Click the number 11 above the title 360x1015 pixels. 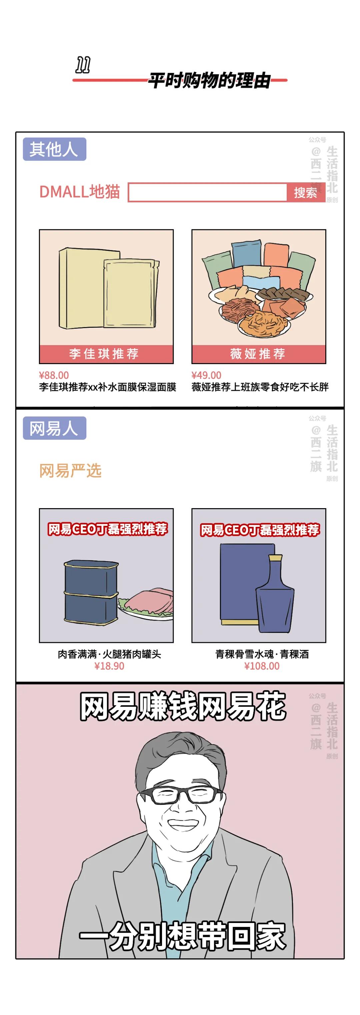pos(83,65)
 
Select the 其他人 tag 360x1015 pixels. pos(54,149)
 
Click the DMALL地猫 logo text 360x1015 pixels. pos(80,192)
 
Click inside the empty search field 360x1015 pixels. pos(208,193)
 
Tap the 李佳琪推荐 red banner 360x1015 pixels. pos(106,354)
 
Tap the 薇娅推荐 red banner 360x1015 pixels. pos(258,354)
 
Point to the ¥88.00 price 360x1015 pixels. pos(54,375)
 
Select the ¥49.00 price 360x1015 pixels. pos(206,375)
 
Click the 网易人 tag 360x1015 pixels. pos(54,428)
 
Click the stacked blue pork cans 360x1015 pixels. pos(91,592)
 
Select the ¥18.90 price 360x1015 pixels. pos(109,666)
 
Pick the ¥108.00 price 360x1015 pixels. pos(262,666)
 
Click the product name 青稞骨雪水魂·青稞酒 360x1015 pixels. pos(262,655)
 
